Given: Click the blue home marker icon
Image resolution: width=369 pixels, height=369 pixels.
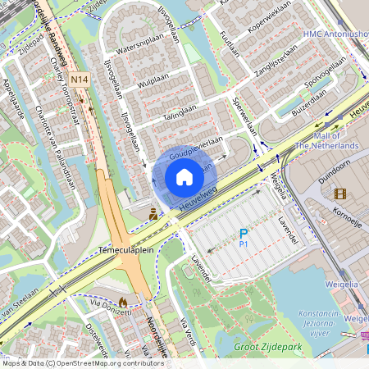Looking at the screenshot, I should (184, 176).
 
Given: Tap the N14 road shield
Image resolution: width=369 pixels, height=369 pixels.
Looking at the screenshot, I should (80, 80).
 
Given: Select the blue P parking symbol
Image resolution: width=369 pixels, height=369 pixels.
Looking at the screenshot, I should (243, 234).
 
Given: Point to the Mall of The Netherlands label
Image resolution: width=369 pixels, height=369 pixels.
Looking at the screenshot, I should (326, 140).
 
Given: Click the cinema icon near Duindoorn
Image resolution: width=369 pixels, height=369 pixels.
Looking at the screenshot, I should (339, 194).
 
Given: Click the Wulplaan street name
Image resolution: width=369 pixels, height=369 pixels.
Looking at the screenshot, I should (154, 83).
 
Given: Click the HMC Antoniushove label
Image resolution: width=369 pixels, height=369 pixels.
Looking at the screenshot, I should (335, 34).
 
